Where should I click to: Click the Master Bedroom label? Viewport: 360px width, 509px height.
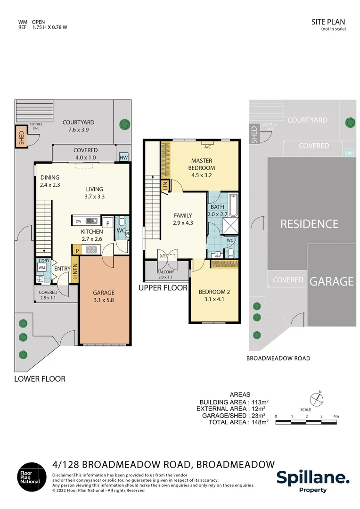pyautogui.click(x=203, y=164)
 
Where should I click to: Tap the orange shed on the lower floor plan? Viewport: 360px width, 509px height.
pyautogui.click(x=21, y=136)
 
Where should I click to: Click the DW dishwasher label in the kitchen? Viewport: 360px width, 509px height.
pyautogui.click(x=78, y=220)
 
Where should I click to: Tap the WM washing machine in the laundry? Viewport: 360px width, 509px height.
pyautogui.click(x=41, y=268)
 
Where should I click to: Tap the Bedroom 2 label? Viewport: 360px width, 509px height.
pyautogui.click(x=213, y=295)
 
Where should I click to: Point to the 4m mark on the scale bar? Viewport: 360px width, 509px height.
pyautogui.click(x=335, y=416)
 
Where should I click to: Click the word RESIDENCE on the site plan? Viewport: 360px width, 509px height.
pyautogui.click(x=309, y=224)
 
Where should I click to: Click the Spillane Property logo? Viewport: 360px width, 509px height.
pyautogui.click(x=313, y=481)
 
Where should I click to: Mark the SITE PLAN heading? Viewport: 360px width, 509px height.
pyautogui.click(x=328, y=22)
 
